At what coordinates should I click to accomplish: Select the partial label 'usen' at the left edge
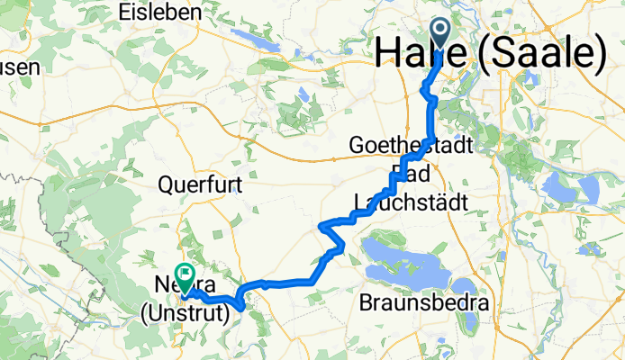[x=17, y=67]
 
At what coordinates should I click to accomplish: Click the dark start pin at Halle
[x=441, y=33]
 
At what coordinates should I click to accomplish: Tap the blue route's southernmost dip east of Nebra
[x=241, y=308]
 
